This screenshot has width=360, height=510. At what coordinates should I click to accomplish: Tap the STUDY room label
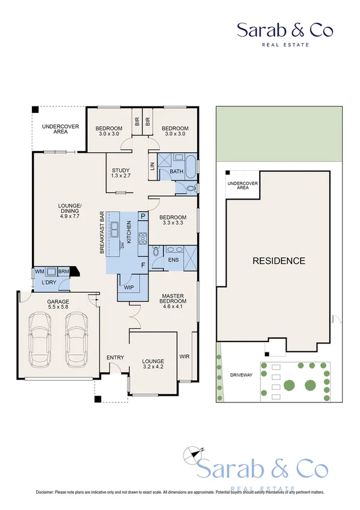(121, 170)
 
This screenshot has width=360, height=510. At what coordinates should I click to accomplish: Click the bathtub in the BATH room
(190, 166)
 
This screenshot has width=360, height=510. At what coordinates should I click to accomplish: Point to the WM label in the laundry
(39, 272)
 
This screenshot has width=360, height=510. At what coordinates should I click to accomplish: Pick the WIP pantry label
(129, 287)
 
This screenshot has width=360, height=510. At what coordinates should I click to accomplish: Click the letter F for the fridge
(142, 265)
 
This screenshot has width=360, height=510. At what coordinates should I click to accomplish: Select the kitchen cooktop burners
(142, 239)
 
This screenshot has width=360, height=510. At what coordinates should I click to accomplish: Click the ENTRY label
(115, 358)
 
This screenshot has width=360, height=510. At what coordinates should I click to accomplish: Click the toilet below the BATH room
(190, 188)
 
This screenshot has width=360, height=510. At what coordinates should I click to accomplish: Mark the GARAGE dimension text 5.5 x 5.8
(59, 308)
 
